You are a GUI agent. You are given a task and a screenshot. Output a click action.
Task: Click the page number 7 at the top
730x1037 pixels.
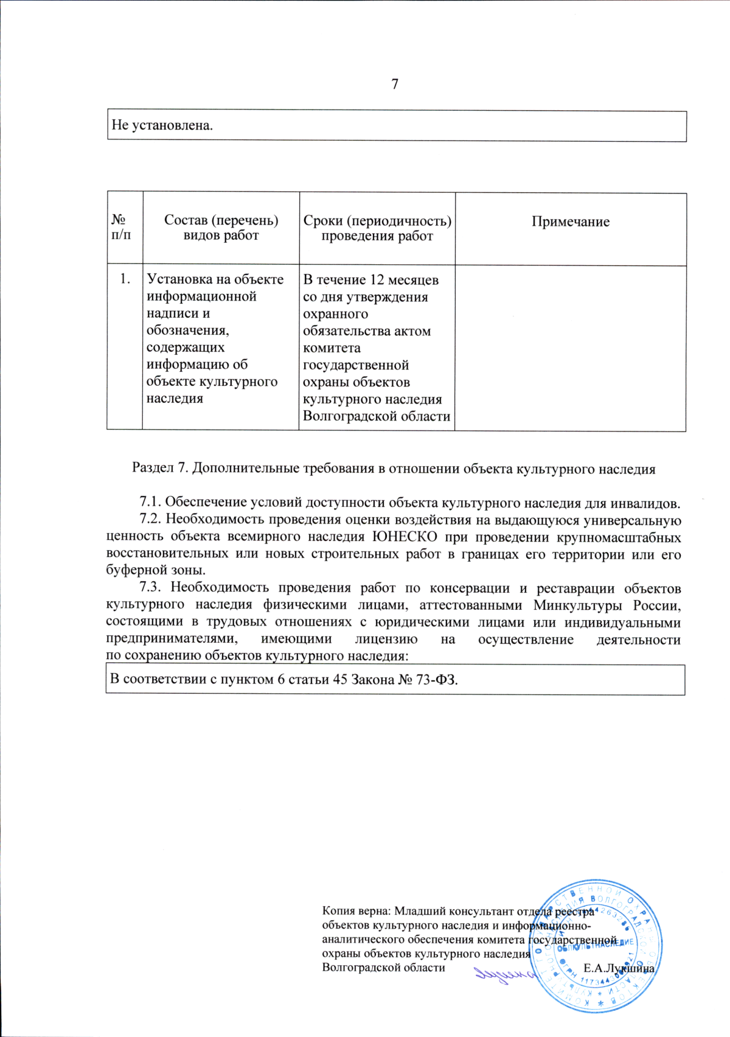click(x=395, y=84)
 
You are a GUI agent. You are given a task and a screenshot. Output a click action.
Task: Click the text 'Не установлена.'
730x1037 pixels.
click(x=162, y=126)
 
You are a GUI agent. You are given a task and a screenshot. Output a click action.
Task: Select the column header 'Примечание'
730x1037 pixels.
click(x=570, y=222)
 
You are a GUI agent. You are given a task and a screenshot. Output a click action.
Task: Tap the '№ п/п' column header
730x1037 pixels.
click(x=121, y=228)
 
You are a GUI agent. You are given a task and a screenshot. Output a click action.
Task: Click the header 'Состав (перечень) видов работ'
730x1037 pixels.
click(x=221, y=228)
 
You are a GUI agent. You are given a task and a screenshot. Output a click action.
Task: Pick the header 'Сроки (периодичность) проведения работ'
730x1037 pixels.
click(x=377, y=228)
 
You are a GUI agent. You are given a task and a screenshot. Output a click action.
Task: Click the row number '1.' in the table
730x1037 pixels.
click(x=125, y=279)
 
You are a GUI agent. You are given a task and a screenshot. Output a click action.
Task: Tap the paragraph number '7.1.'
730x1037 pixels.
click(x=151, y=503)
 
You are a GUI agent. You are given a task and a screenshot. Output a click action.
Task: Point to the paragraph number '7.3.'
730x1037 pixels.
click(x=151, y=588)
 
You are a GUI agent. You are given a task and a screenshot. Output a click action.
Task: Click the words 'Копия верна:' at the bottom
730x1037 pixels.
click(x=356, y=911)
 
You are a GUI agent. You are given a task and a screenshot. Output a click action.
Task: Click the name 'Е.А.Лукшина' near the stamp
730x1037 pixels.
click(x=618, y=968)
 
